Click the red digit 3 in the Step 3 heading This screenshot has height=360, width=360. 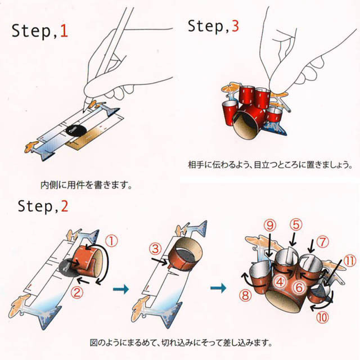tap(235, 25)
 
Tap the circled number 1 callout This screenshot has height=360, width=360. tap(112, 241)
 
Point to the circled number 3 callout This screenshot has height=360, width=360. tap(154, 247)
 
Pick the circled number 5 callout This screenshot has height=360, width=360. tap(296, 226)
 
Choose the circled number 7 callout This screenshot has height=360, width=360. tap(322, 243)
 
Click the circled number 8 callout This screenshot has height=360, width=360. tap(245, 294)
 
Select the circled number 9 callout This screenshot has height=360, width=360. tap(271, 225)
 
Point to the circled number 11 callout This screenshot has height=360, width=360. tap(350, 261)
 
